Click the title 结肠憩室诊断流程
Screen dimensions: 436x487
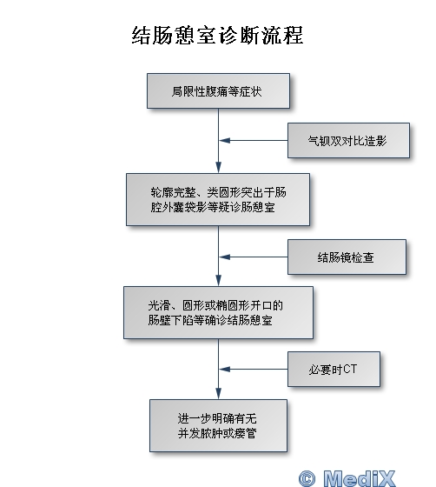[x=217, y=36]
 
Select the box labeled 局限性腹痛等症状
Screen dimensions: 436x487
[x=218, y=91]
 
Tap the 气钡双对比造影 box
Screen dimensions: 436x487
[x=348, y=140]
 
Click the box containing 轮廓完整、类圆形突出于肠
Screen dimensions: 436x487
[x=218, y=199]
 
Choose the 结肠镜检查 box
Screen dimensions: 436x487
[x=347, y=257]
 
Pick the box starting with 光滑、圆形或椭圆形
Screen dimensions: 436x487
[x=218, y=312]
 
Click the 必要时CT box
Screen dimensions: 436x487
[x=334, y=369]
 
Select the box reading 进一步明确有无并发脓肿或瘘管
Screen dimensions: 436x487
[x=218, y=425]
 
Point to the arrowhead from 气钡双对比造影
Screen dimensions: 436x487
[x=224, y=140]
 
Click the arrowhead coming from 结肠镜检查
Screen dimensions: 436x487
[x=224, y=257]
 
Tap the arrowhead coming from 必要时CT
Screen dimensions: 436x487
[x=224, y=369]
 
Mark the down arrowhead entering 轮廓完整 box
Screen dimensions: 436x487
[x=218, y=167]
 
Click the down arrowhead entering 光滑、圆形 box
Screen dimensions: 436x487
[x=218, y=280]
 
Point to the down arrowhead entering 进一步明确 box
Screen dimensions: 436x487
[x=218, y=393]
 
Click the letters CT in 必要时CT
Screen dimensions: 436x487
[x=350, y=369]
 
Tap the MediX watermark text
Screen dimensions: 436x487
[x=359, y=478]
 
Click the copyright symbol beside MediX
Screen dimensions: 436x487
[x=307, y=478]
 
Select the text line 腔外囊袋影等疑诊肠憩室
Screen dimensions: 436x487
[x=213, y=207]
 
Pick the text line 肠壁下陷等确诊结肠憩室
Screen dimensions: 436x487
[x=210, y=320]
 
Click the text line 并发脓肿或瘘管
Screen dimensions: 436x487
[x=217, y=433]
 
